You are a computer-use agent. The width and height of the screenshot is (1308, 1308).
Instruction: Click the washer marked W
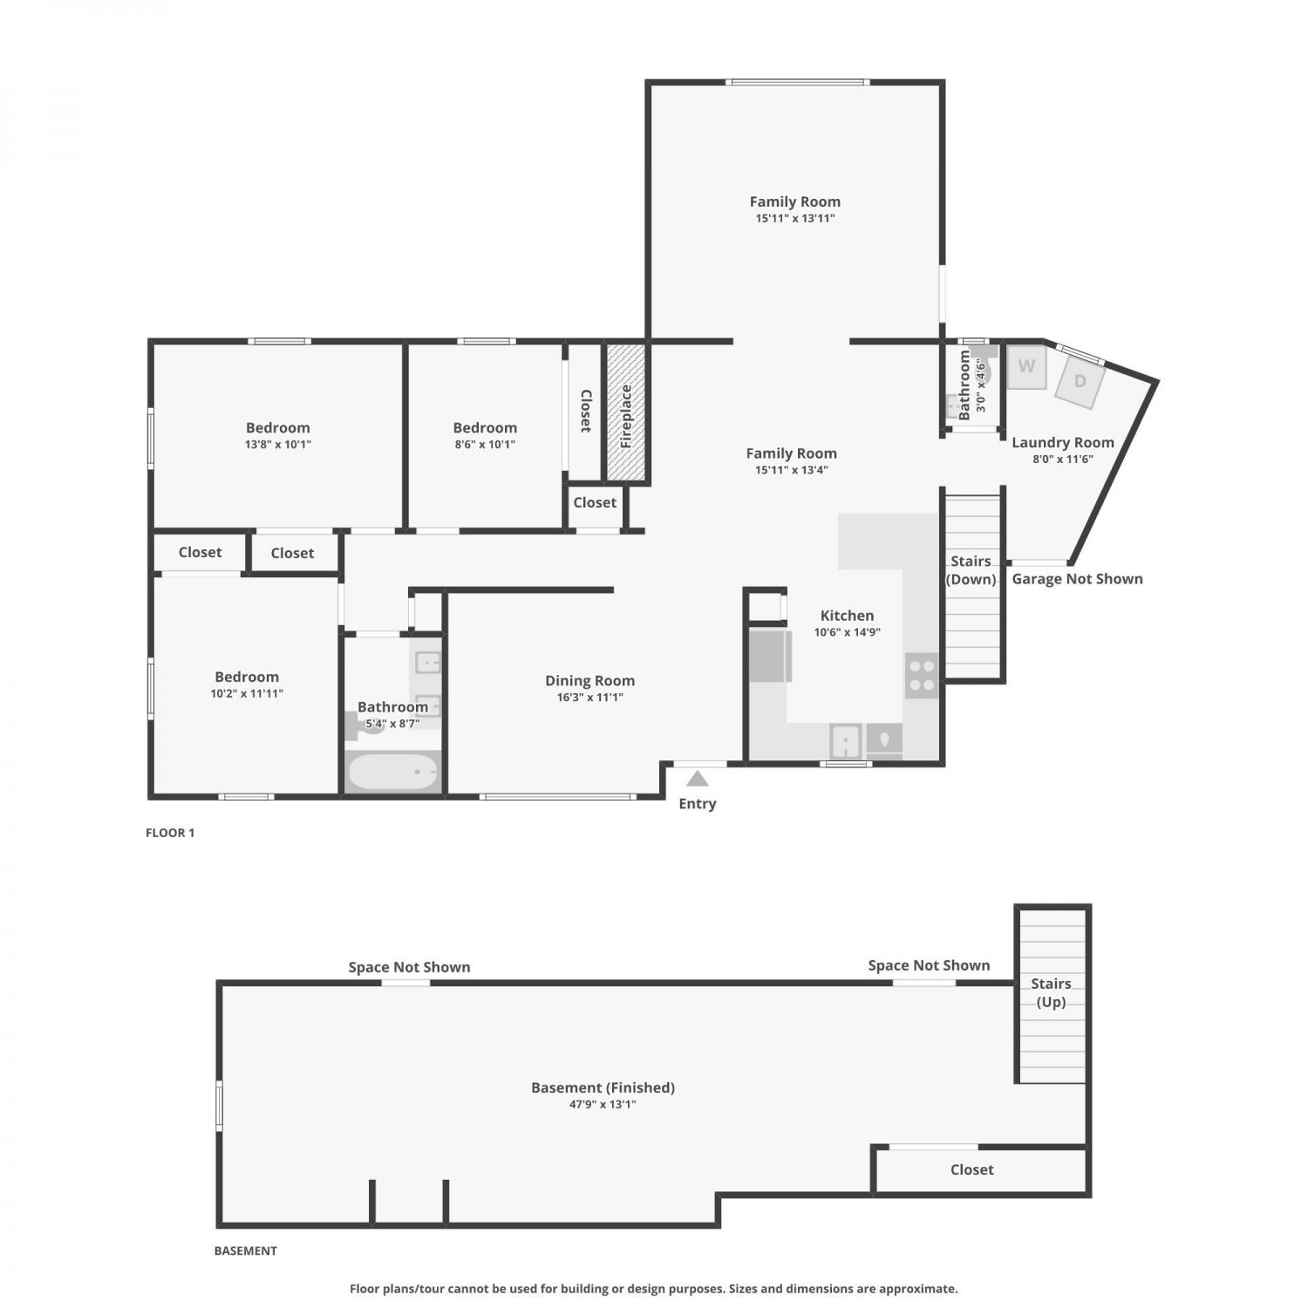click(x=1026, y=366)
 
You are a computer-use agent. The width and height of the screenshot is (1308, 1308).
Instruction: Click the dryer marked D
click(x=1080, y=381)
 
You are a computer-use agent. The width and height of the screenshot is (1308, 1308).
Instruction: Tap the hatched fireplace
click(x=626, y=412)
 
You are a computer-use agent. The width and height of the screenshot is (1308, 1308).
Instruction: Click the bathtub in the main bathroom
click(x=393, y=772)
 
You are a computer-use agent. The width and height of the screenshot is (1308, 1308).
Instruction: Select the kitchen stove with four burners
click(x=922, y=676)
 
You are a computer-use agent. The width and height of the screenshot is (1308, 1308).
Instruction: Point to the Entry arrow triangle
click(x=697, y=778)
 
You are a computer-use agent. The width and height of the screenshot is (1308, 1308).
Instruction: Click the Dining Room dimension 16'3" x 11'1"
click(x=590, y=698)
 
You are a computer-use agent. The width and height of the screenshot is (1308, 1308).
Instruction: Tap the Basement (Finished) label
click(x=603, y=1087)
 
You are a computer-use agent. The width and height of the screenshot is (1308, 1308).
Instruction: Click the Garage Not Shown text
click(x=1077, y=579)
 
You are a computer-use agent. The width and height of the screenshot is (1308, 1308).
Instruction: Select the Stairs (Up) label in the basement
click(x=1051, y=992)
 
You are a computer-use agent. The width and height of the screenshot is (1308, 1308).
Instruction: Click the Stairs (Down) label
click(x=971, y=570)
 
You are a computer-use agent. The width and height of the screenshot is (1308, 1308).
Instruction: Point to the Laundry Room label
click(x=1063, y=443)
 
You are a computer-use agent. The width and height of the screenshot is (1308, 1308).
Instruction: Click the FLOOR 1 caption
click(x=170, y=833)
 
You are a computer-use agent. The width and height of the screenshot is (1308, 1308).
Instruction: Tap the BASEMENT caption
click(x=246, y=1250)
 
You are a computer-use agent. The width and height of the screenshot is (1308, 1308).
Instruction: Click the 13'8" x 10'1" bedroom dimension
click(x=278, y=445)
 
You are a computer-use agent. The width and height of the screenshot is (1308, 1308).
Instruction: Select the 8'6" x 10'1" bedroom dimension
click(x=485, y=445)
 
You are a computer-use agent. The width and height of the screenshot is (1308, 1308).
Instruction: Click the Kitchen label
click(x=847, y=616)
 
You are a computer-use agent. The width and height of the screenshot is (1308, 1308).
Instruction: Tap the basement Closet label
click(x=972, y=1170)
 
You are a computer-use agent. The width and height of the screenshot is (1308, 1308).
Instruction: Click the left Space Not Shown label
click(x=409, y=967)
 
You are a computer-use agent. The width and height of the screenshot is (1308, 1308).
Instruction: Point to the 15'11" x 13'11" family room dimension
click(x=795, y=219)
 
